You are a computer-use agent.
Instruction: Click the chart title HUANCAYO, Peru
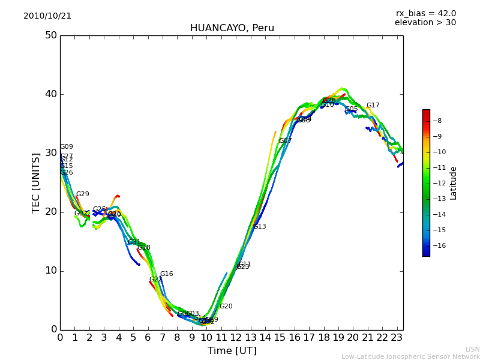(232, 28)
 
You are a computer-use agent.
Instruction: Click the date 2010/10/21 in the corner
(47, 16)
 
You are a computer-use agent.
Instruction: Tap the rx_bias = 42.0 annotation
(425, 14)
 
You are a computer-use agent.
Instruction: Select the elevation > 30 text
(425, 23)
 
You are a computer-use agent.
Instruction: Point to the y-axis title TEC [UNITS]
(36, 182)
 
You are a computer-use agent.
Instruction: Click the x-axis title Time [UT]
(232, 351)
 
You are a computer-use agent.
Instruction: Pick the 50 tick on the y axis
(50, 35)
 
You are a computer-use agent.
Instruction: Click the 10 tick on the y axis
(50, 271)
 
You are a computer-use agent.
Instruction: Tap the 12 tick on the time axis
(236, 338)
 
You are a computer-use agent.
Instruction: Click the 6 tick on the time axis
(148, 338)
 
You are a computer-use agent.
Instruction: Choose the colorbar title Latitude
(454, 183)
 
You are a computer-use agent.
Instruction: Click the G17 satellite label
(373, 106)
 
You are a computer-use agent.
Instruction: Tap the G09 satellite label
(66, 147)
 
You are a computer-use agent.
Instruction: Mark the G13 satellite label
(260, 227)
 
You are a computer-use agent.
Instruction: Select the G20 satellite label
(226, 307)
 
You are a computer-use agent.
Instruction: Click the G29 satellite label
(82, 194)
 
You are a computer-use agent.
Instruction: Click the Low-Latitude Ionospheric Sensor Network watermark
(410, 357)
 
